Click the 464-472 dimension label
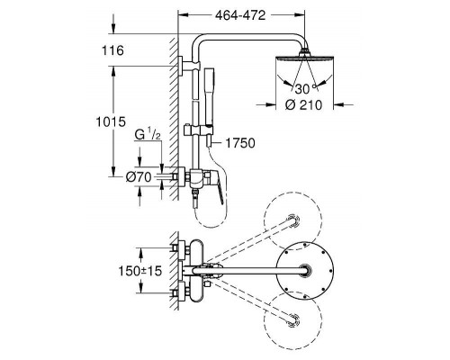coord(240,15)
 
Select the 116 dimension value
coord(112,50)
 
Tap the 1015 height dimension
coord(111,121)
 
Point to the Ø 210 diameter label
coord(303,105)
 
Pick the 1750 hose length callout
coord(240,143)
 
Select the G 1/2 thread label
coord(148,135)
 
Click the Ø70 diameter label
coord(139,177)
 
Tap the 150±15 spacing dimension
coord(140,271)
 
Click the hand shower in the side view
coord(209,96)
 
